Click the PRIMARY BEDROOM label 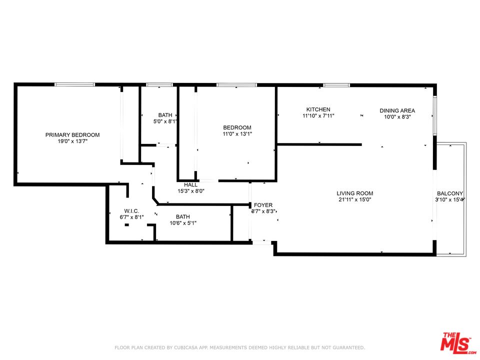coord(72,134)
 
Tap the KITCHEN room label coord(318,109)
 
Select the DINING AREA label coord(397,110)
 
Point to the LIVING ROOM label coord(355,193)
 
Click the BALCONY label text coord(450,193)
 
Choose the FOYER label coord(263,205)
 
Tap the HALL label coord(190,185)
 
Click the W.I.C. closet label coord(131,211)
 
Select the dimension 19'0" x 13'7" coord(72,141)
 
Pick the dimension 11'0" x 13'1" coord(237,134)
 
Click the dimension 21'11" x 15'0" coord(355,199)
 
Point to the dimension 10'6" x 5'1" coord(183,223)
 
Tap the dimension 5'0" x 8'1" coord(165,121)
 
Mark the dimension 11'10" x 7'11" coord(318,116)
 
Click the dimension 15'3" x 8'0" coord(191,191)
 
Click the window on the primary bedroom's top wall coord(74,84)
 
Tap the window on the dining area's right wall coord(434,115)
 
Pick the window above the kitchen coord(336,85)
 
